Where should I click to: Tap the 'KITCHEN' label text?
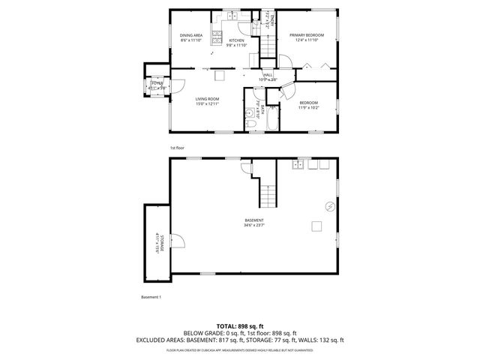click(x=236, y=40)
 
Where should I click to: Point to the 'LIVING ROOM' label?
click(x=207, y=98)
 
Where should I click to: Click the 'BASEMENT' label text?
click(x=253, y=220)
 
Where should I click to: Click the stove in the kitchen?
click(x=217, y=37)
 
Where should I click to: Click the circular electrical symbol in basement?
click(x=329, y=206)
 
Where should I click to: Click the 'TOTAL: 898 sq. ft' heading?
click(x=240, y=325)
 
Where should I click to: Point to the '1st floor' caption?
click(x=177, y=148)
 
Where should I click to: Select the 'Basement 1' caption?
click(x=151, y=297)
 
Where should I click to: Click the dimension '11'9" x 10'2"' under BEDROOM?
click(x=309, y=108)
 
